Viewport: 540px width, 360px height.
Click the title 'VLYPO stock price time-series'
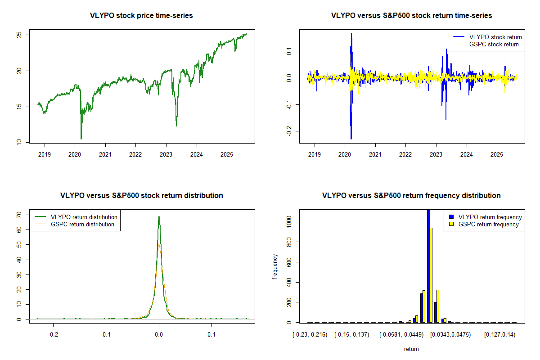pos(142,16)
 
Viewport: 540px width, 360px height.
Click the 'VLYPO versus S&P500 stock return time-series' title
pos(411,16)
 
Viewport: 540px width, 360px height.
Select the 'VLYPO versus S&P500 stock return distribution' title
pos(142,196)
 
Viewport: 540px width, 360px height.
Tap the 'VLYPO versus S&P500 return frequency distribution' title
pos(411,196)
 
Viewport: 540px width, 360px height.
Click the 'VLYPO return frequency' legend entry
pos(490,217)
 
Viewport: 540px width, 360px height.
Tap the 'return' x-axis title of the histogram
pos(411,349)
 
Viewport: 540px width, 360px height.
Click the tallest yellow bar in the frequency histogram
pos(431,275)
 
